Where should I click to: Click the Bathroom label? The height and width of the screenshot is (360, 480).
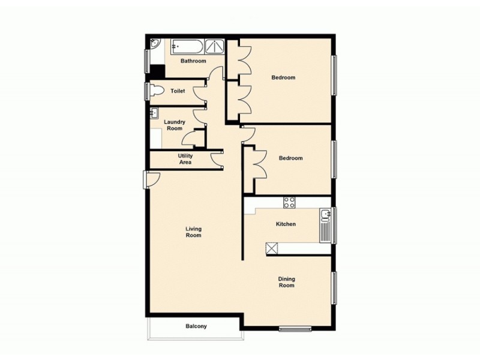194,61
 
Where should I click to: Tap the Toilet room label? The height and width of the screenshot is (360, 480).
177,91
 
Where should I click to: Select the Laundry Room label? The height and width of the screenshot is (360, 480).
175,125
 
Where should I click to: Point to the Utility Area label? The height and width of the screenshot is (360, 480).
185,159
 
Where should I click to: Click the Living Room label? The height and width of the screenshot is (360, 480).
193,232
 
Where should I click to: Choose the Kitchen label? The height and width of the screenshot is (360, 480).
286,224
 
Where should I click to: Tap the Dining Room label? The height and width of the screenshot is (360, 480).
286,282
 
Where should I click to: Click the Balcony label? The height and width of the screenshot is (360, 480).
196,326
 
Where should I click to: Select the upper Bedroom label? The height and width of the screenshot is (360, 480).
283,77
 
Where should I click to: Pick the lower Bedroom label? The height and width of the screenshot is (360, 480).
290,158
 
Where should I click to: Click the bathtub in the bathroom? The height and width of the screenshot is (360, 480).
187,46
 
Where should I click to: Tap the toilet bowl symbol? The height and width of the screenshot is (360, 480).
158,91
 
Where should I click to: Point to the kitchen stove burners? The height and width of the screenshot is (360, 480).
289,202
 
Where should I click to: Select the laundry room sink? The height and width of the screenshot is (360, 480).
154,112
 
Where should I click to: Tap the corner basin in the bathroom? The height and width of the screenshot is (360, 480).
154,44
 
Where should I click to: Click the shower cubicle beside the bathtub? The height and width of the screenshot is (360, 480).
213,46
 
